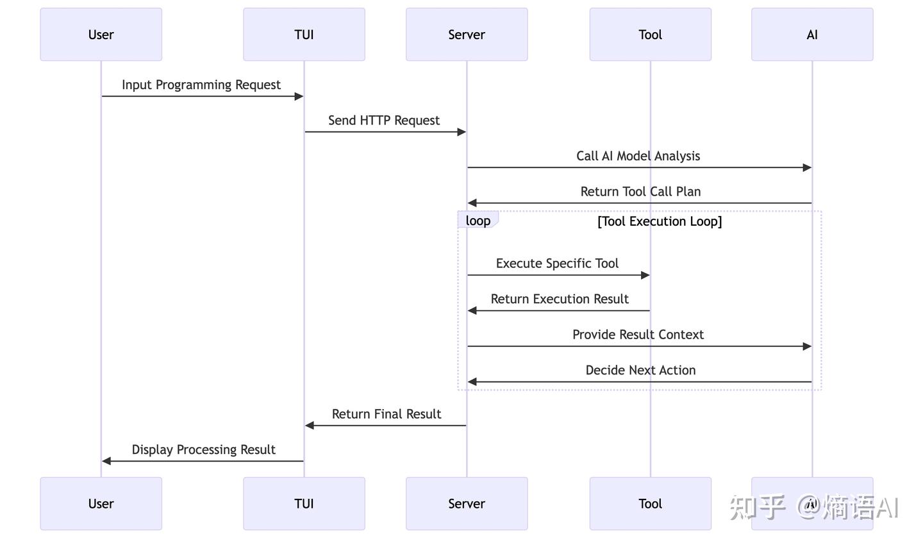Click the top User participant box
[101, 35]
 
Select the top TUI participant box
[304, 35]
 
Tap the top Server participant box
[467, 35]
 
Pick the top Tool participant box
[650, 35]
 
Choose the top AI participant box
[812, 35]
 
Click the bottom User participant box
[101, 503]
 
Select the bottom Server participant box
[467, 503]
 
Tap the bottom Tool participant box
[650, 503]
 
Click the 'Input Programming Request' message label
[201, 85]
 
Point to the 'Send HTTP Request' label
[384, 121]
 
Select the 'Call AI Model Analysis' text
[638, 156]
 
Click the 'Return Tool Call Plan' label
[640, 192]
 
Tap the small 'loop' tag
[478, 221]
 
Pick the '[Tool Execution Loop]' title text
[660, 221]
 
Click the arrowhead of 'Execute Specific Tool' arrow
[645, 275]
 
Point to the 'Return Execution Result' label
[560, 299]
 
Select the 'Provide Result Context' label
[638, 335]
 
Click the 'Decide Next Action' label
[640, 370]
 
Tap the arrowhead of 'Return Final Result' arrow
[310, 425]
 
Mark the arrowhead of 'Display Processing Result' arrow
[106, 461]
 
